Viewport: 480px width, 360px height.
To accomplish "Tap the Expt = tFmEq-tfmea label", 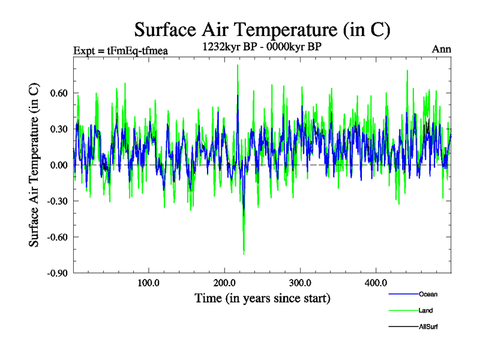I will [120, 50].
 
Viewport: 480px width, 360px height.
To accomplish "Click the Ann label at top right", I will [441, 49].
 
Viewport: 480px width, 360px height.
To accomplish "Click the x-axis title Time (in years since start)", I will [262, 298].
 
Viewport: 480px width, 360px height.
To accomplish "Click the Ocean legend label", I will [428, 295].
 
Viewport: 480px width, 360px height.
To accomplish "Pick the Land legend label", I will [426, 311].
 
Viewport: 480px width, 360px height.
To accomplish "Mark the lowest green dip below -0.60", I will [244, 254].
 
